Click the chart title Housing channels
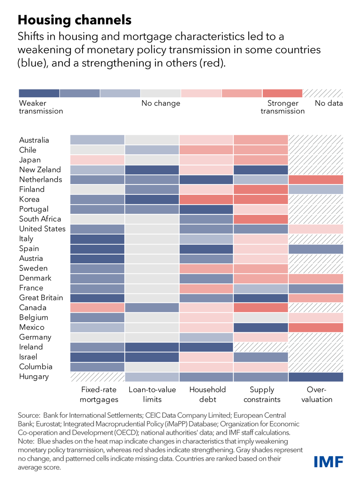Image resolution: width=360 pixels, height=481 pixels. pos(74,20)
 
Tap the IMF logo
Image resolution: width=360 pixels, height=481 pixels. pos(328,461)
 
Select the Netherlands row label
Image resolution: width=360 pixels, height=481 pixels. pos(40,179)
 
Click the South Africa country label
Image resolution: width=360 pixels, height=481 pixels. pos(40,219)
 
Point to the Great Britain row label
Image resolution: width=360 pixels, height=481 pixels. pos(41,297)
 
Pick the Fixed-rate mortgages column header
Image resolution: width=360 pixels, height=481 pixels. pos(99,394)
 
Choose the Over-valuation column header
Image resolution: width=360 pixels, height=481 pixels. pos(317,394)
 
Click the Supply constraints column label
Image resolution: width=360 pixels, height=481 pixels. pos(262,394)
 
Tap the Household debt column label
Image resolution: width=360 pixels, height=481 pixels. pos(207,394)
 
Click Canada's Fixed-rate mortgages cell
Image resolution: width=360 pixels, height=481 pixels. pos(97,307)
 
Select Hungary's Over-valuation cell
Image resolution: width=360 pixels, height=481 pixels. pos(316,376)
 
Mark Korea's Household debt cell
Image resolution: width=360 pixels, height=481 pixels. pos(206,199)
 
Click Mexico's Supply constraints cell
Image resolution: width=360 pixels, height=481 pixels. pos(261,327)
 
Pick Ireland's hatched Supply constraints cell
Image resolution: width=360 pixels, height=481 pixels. pos(261,347)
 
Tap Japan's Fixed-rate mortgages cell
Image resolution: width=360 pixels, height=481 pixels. pos(97,160)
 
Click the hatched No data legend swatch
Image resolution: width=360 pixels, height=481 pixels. pos(323,93)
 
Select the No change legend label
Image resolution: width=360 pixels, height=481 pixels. pos(161,103)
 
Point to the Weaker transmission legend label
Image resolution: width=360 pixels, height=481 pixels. pos(41,107)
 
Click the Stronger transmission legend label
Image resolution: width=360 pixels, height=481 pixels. pos(282,107)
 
